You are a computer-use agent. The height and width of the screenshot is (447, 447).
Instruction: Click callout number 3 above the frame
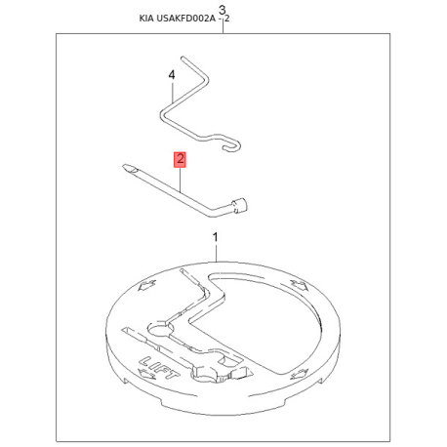pos(222,10)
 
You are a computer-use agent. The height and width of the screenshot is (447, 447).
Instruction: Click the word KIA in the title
pos(147,19)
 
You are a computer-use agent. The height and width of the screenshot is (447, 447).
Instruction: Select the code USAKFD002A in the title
pos(186,19)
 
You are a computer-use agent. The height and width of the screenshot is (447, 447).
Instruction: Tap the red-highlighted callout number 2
pos(180,159)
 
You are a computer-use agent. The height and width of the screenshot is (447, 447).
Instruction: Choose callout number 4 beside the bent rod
pos(172,75)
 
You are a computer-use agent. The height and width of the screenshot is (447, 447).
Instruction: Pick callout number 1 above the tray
pos(216,237)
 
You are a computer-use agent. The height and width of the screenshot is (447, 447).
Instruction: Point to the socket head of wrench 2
pos(239,205)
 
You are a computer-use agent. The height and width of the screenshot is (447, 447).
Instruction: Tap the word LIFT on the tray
pos(158,368)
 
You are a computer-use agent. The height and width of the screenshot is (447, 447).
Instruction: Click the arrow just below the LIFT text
pos(147,375)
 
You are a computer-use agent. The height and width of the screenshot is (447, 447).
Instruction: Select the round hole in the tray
pos(160,330)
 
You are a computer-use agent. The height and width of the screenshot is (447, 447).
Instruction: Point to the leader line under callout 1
pos(217,253)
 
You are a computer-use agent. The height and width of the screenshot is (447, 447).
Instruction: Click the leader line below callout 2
pos(180,180)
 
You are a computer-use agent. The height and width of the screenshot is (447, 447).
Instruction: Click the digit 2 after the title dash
pos(226,19)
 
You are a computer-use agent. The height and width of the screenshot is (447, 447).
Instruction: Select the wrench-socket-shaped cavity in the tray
pos(215,368)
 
